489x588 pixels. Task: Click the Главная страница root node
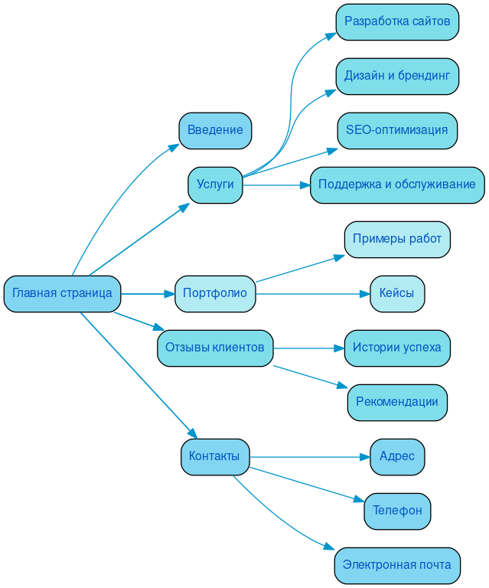(62, 294)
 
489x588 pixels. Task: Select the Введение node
(215, 130)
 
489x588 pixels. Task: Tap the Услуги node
(215, 185)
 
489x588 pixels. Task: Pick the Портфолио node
(215, 294)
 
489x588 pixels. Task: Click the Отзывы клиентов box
(215, 348)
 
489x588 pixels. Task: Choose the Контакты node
(215, 457)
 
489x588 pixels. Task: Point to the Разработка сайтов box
(397, 21)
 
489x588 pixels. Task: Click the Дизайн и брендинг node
(397, 76)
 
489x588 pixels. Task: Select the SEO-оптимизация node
(397, 130)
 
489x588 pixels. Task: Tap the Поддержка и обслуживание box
(397, 185)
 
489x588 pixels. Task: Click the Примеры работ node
(397, 240)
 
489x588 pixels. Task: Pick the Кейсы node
(397, 294)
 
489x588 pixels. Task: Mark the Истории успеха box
(397, 348)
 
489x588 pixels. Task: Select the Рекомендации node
(397, 403)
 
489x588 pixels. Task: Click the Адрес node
(397, 457)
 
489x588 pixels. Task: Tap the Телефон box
(397, 511)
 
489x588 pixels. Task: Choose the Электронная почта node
(397, 566)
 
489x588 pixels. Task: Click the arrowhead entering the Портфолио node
(170, 294)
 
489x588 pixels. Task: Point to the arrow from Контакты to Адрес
(306, 457)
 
